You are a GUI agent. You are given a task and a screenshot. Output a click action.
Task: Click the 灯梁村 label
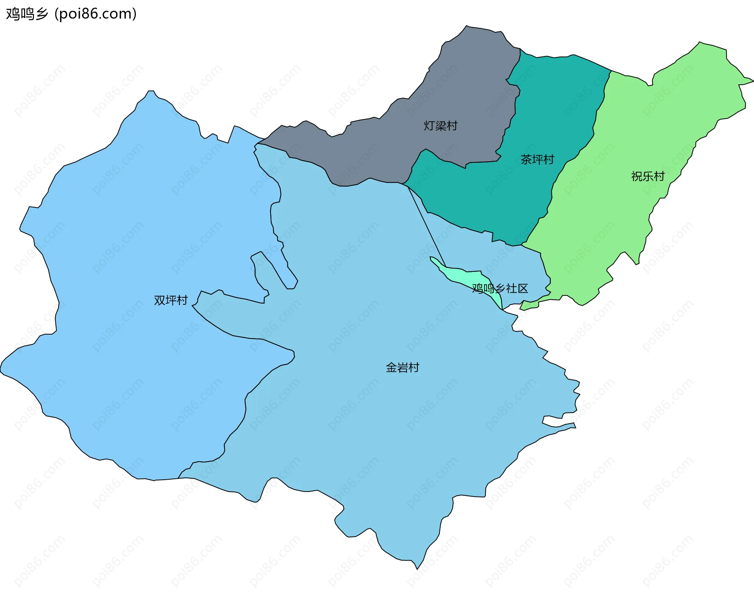click(x=440, y=126)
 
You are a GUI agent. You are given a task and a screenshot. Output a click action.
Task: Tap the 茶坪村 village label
click(x=537, y=160)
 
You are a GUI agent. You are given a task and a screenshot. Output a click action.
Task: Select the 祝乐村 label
click(x=648, y=176)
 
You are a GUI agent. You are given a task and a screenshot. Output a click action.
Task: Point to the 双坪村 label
click(x=171, y=300)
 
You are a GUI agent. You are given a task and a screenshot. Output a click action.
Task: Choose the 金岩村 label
click(x=403, y=368)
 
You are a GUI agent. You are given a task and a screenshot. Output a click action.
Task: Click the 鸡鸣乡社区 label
click(x=500, y=289)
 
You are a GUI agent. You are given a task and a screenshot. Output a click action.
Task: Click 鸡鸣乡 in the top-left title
click(x=27, y=14)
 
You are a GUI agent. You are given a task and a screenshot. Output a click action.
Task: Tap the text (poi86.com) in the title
click(x=96, y=14)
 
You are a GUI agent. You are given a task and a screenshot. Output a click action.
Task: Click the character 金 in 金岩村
click(x=391, y=368)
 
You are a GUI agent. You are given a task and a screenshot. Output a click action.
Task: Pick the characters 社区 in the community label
click(x=517, y=289)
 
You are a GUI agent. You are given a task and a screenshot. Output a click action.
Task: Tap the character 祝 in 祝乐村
click(x=637, y=176)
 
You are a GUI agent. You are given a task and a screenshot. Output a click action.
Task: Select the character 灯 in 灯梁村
click(x=429, y=126)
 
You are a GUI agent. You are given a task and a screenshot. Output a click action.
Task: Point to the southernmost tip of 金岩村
click(x=417, y=568)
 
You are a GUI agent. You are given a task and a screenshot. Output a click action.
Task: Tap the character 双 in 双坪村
click(x=159, y=300)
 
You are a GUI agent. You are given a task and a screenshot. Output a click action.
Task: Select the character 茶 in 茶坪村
click(x=526, y=160)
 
